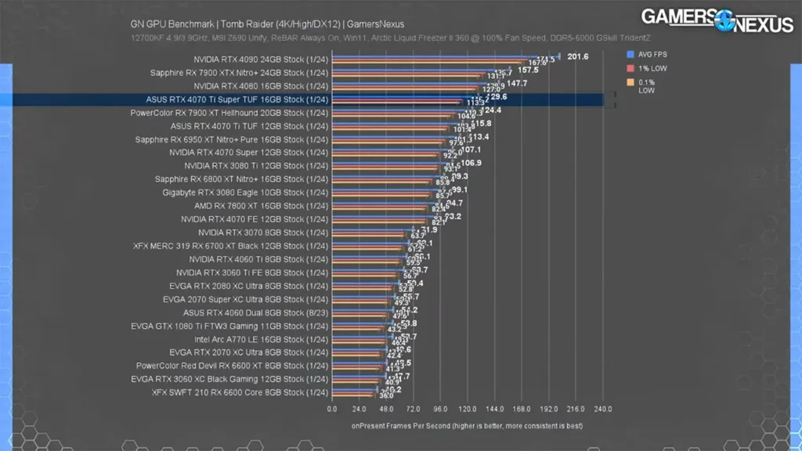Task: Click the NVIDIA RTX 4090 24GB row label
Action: point(261,60)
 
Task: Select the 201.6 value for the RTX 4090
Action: point(577,56)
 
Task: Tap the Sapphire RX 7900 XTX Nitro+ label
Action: point(239,73)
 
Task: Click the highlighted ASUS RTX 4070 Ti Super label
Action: point(237,99)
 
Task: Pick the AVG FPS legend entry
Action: point(652,55)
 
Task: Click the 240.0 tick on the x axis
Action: point(603,409)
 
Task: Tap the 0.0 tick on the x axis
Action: point(332,409)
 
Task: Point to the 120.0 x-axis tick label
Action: point(468,409)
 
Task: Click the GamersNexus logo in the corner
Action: point(717,20)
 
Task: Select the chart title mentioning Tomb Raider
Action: point(267,24)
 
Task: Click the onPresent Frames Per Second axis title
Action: point(468,426)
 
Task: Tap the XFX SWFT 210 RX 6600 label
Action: point(239,392)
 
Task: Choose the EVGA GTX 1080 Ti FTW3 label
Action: point(229,326)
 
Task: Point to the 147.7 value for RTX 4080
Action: point(517,83)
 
